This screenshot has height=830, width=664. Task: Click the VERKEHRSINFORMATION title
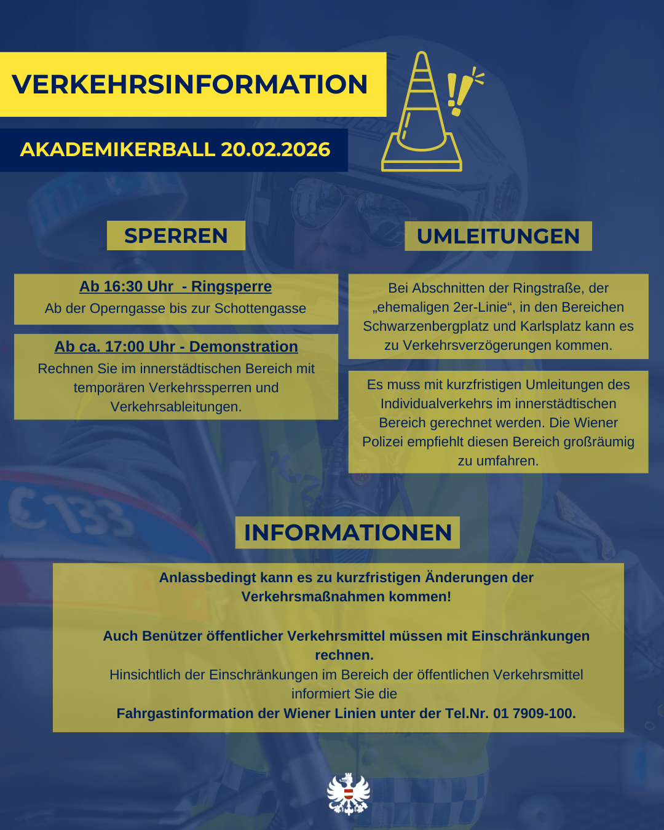[189, 84]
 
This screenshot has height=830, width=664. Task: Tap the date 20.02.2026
[275, 149]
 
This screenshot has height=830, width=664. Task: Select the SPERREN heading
[176, 235]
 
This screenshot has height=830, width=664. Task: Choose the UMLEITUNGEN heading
[498, 236]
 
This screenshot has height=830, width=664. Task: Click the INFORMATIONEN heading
[347, 532]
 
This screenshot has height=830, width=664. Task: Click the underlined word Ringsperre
[231, 287]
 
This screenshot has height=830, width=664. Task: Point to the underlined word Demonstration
[243, 347]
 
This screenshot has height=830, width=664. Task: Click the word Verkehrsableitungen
[175, 407]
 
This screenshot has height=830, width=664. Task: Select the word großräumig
[595, 442]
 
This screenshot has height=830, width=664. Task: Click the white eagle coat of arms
[348, 794]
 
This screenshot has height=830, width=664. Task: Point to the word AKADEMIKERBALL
[117, 149]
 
